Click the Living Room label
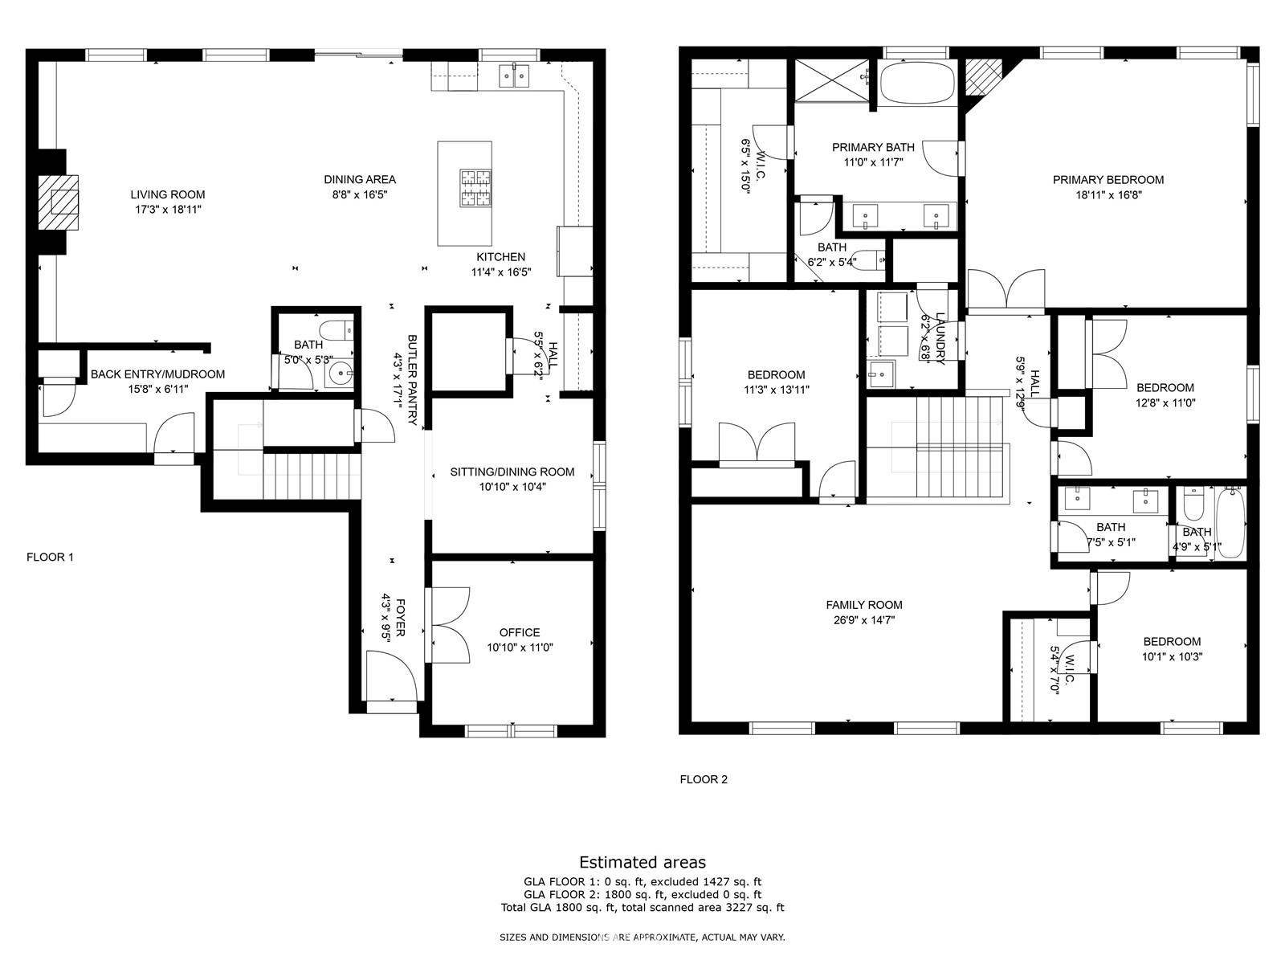click(167, 194)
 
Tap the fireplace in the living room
click(58, 202)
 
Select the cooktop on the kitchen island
click(475, 188)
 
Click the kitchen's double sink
click(514, 76)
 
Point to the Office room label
click(520, 632)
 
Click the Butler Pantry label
click(412, 380)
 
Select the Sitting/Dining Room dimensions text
click(512, 486)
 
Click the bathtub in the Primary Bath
click(917, 83)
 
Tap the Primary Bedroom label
click(1108, 180)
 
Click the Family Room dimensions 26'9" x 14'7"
click(864, 620)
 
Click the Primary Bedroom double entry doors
click(1006, 288)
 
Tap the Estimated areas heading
click(642, 862)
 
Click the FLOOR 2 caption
click(704, 779)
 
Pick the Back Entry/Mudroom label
click(157, 374)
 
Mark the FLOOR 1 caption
click(51, 558)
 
